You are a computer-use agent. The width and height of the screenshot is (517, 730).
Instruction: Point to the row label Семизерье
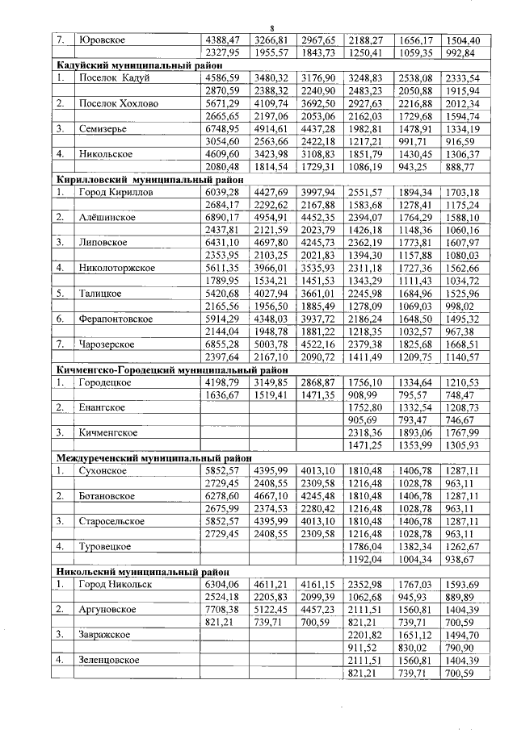coord(103,128)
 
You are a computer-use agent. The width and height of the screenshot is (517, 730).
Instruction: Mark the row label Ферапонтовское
coord(116,319)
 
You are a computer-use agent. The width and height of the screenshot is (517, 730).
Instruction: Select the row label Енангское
coord(101,408)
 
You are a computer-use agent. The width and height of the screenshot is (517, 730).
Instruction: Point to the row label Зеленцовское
coord(109,660)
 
